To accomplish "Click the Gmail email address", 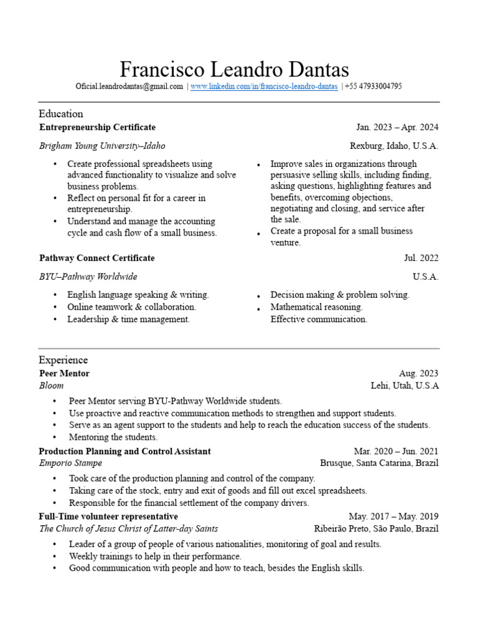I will (129, 87).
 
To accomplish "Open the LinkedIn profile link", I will (264, 87).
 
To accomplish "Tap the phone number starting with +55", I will (373, 87).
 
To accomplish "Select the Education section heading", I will (60, 113).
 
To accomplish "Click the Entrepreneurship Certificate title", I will (97, 127).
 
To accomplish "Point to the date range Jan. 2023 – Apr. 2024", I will (397, 127).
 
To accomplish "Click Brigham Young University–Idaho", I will (102, 146).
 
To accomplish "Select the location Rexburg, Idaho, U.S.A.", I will (394, 146).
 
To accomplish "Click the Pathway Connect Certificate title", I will (96, 258).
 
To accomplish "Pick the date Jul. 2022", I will (421, 258).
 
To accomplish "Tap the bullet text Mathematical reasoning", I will (316, 307).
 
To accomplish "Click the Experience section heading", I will (63, 359).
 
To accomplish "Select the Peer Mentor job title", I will (64, 373).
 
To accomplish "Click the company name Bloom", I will (51, 386).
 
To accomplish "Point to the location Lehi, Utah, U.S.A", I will (405, 386).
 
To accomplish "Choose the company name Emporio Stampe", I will (70, 463).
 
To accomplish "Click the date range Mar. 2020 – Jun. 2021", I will (396, 451).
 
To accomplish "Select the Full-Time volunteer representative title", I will (108, 517).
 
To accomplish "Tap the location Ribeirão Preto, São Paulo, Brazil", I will (376, 529).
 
